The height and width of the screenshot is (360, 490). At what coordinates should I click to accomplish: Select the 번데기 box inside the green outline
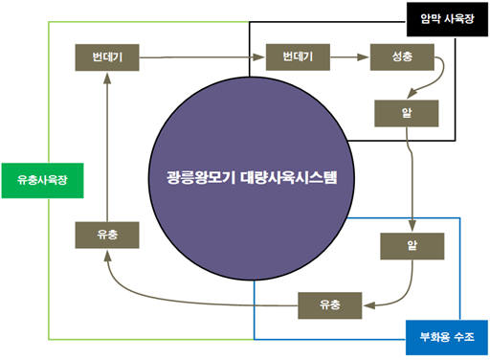(107, 56)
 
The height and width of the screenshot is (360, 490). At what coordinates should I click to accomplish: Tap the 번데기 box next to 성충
(298, 56)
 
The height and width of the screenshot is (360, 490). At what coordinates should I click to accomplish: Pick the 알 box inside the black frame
(407, 113)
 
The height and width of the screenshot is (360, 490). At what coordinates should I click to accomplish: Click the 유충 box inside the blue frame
(330, 304)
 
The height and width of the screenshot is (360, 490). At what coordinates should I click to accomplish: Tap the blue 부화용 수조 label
(446, 338)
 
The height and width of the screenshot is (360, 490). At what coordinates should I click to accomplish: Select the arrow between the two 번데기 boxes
(202, 57)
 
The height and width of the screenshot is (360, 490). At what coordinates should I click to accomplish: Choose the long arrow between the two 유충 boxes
(191, 299)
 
